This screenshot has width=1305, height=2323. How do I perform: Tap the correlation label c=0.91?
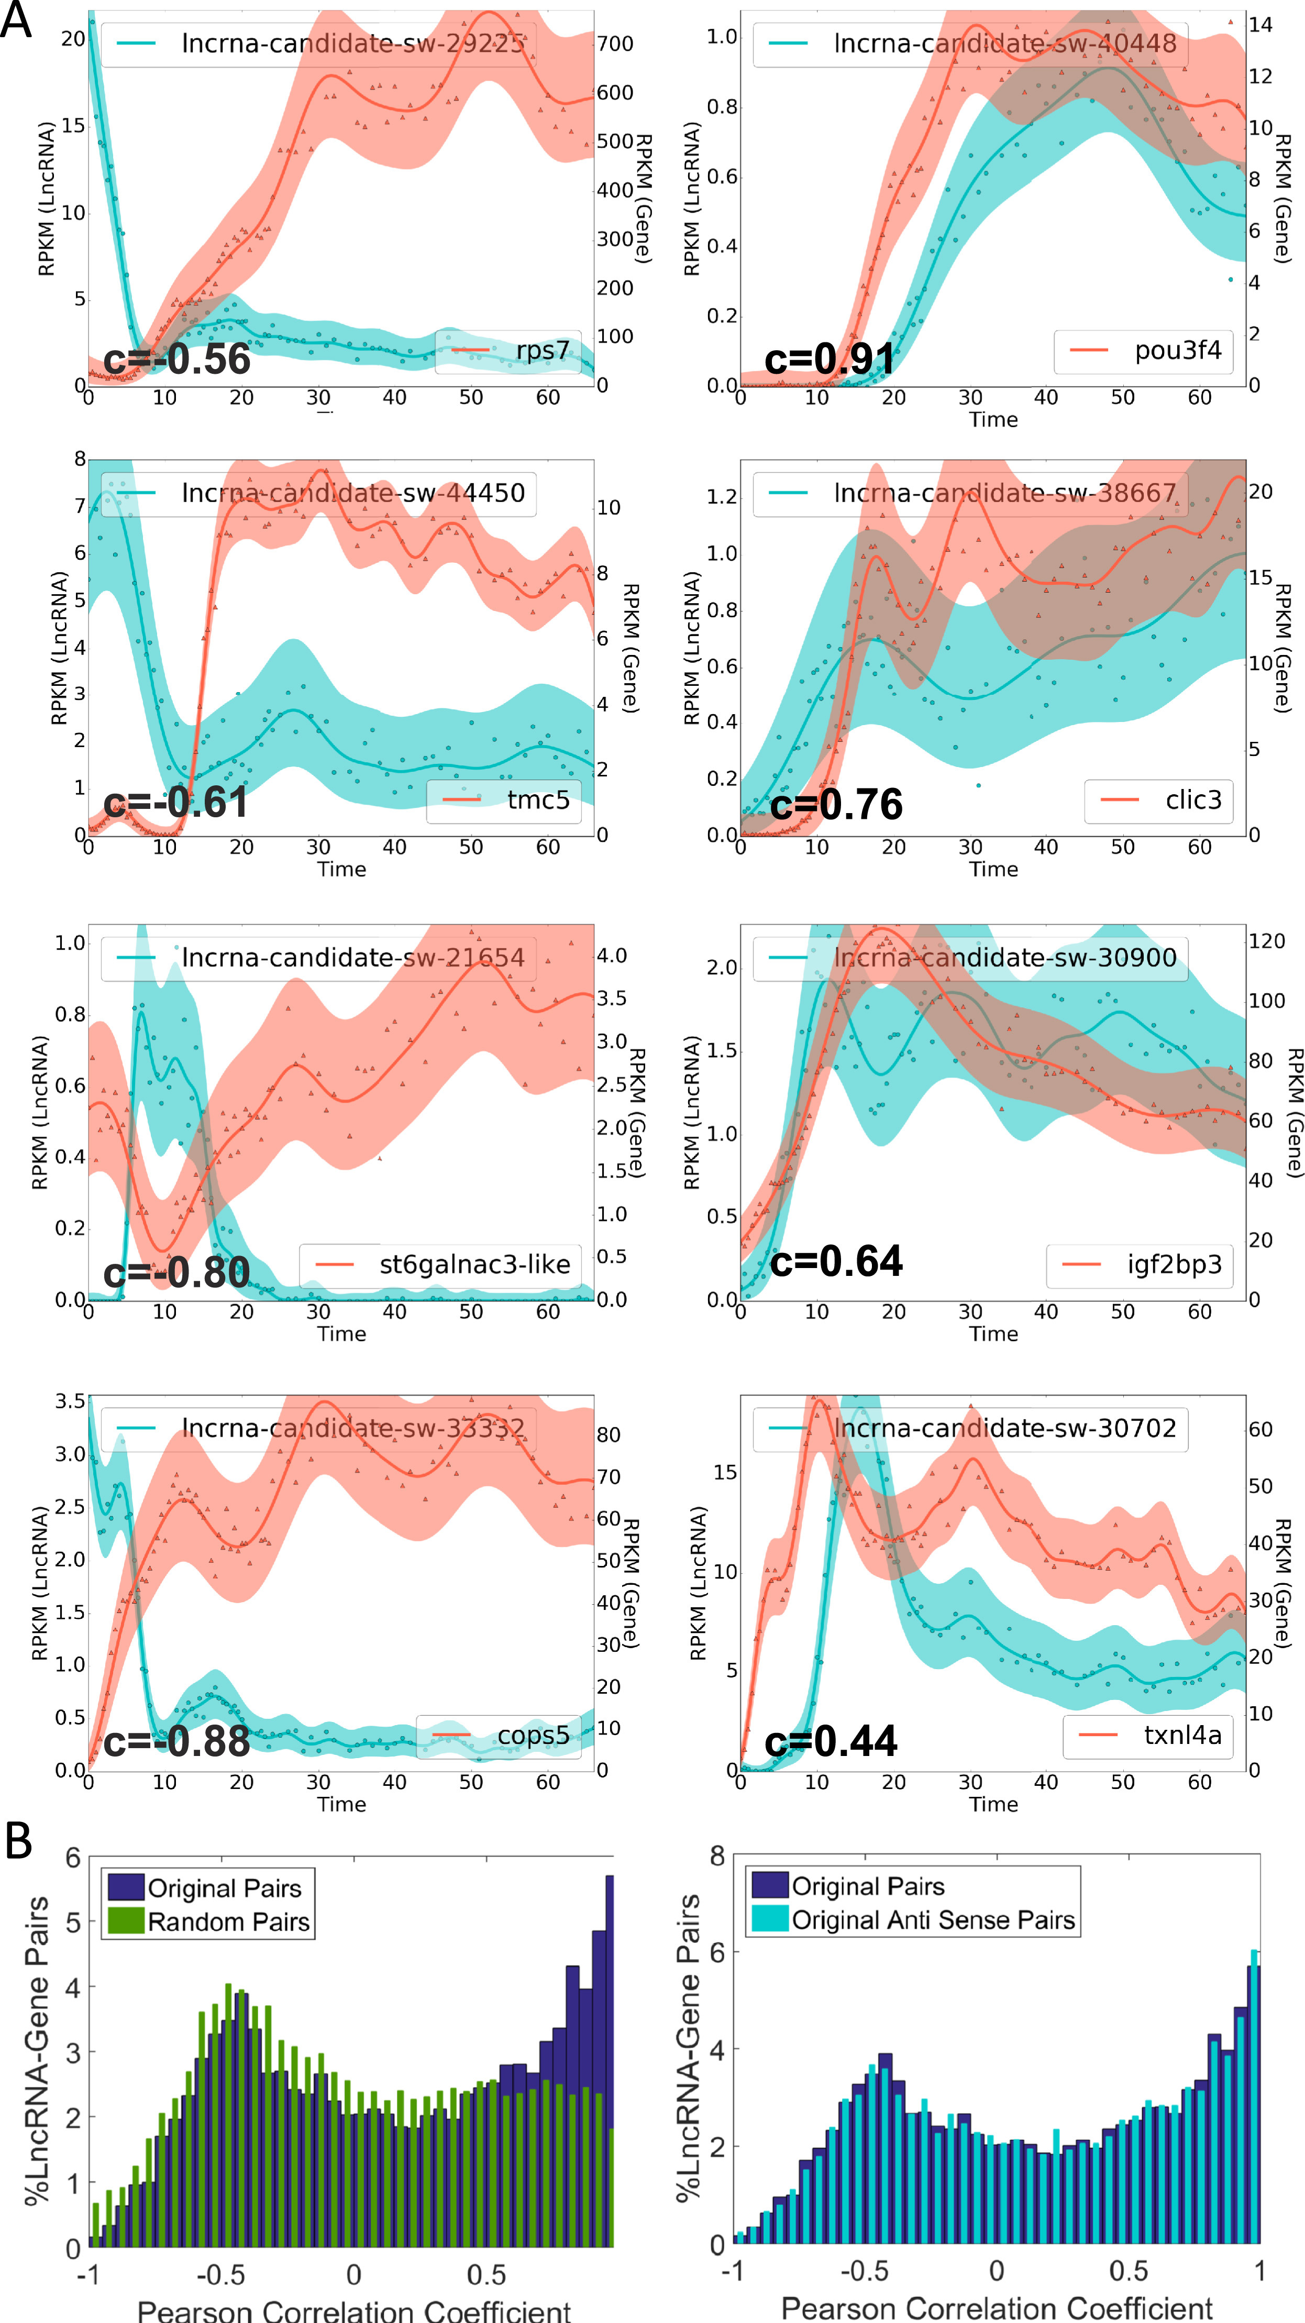[x=829, y=359]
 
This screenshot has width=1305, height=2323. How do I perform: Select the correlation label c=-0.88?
[x=177, y=1740]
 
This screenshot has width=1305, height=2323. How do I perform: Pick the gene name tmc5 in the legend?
[x=538, y=800]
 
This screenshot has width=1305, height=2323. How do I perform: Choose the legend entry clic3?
[x=1193, y=800]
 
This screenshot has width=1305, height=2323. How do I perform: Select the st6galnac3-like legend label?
[x=474, y=1264]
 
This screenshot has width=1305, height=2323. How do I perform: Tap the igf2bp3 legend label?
[x=1174, y=1264]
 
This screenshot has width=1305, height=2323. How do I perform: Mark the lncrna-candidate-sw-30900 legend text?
[x=1005, y=957]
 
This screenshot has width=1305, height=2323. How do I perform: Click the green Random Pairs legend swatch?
[x=125, y=1922]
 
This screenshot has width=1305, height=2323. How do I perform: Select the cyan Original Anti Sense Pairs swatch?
[x=769, y=1920]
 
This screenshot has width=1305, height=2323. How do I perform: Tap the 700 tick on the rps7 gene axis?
[x=615, y=43]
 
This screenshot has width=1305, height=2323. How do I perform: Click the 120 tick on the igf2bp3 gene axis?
[x=1266, y=941]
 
